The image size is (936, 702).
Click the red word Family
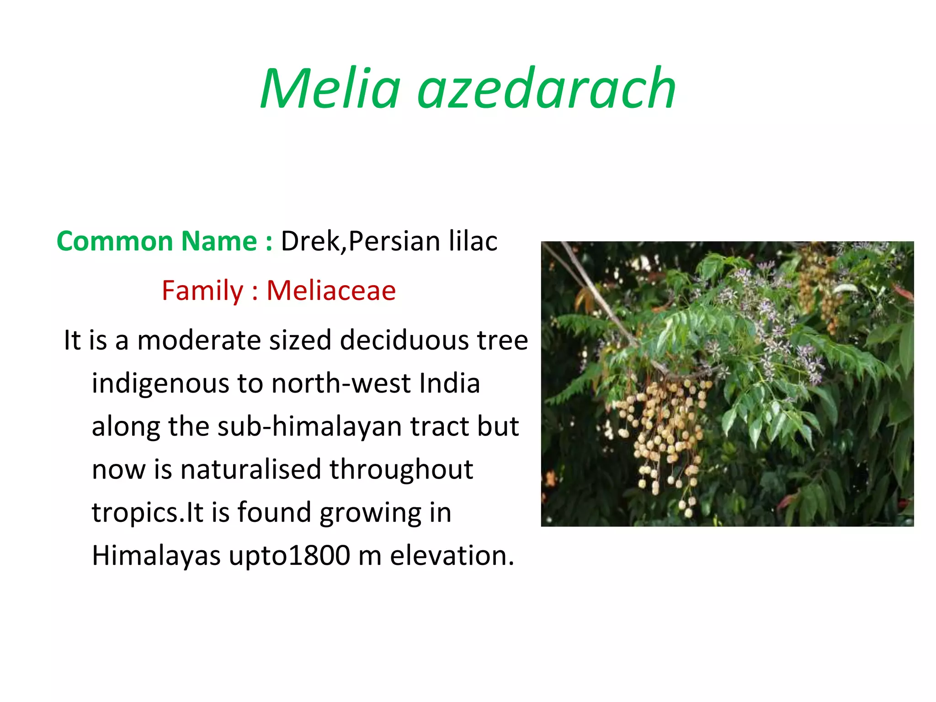point(202,291)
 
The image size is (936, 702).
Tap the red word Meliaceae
point(331,291)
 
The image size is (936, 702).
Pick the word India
point(449,383)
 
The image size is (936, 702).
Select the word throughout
point(401,469)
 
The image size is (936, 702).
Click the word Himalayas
point(156,556)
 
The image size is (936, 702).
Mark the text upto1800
point(289,556)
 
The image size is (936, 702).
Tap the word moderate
point(199,340)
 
